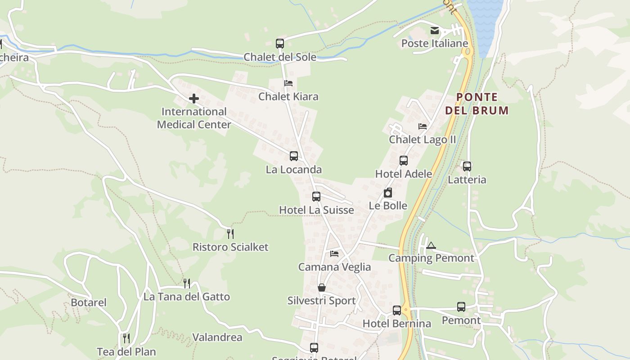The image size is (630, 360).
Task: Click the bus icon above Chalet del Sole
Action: (280, 44)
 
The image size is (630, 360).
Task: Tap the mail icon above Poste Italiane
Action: (435, 31)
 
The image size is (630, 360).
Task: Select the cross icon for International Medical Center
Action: (194, 98)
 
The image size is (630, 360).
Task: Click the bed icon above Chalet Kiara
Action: (288, 83)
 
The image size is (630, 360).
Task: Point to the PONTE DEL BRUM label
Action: (477, 103)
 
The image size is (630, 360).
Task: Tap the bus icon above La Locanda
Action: (294, 156)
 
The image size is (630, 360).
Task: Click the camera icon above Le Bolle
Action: (388, 193)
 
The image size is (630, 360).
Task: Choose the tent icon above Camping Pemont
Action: (431, 245)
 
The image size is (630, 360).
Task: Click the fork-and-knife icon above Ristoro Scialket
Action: (230, 234)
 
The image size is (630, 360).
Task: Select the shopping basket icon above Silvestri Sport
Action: (322, 288)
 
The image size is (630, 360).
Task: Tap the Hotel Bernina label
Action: (396, 324)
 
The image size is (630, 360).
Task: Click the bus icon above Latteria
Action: (467, 166)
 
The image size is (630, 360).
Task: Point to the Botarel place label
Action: (89, 302)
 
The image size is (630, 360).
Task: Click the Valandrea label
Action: (217, 337)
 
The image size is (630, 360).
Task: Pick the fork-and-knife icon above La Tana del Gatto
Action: (187, 283)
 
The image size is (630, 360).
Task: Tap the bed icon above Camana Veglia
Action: (334, 254)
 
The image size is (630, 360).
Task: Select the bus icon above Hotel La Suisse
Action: (316, 197)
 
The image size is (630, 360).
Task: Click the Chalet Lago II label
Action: (423, 139)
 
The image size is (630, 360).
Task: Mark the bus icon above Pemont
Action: (461, 307)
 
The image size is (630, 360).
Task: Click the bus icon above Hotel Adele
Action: (404, 161)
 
